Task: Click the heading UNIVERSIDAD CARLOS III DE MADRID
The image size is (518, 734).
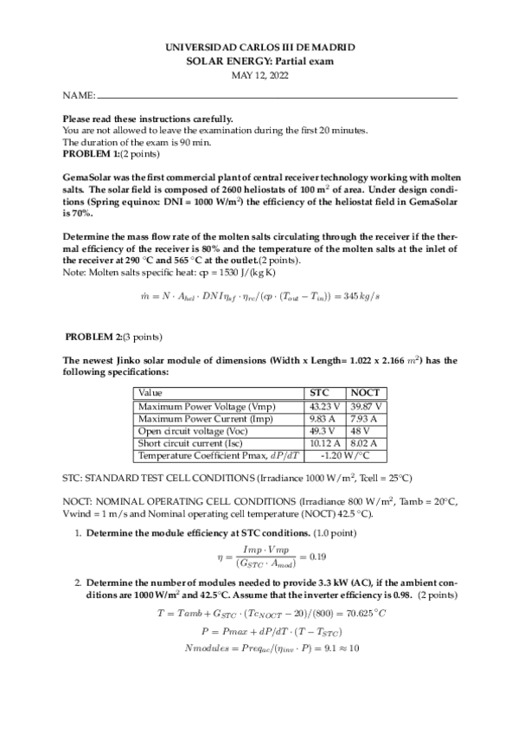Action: click(259, 48)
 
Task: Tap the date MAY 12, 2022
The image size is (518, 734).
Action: click(259, 75)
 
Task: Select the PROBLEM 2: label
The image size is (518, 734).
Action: click(94, 336)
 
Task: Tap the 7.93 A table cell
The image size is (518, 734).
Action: click(366, 418)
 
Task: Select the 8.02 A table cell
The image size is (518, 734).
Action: click(366, 443)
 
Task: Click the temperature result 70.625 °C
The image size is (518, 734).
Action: click(358, 611)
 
